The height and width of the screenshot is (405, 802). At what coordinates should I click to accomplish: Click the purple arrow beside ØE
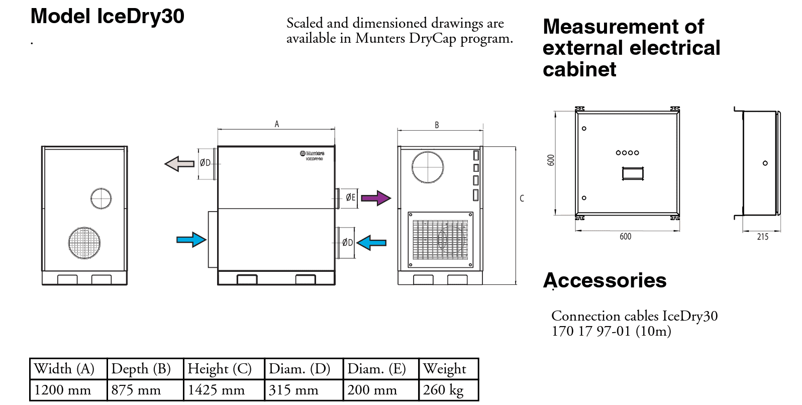pos(375,198)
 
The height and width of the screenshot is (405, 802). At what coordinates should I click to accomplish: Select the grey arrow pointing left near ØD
pos(179,164)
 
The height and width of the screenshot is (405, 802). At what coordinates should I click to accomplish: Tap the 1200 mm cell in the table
pos(63,390)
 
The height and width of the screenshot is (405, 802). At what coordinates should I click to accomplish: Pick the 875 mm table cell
pos(136,390)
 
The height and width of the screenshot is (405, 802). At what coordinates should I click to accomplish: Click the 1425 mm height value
pos(216,390)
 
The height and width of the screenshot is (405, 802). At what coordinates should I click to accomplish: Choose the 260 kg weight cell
pos(443,390)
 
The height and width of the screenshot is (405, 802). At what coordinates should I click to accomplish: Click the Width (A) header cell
pos(64,369)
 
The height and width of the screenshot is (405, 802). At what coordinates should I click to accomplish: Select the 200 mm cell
pos(372,390)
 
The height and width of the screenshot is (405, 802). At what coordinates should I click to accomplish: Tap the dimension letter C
pos(522,198)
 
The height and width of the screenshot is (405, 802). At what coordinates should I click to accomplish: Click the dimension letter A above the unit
pos(276,124)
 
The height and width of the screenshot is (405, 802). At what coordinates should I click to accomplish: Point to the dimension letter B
pos(437,125)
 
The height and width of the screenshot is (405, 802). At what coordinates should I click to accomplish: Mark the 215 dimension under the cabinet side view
pos(762,237)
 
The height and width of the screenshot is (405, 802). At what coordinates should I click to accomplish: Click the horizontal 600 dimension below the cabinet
pos(625,237)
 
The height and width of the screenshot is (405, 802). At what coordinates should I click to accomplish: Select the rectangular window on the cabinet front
pos(633,174)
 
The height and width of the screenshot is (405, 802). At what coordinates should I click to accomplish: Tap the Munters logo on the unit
pos(312,153)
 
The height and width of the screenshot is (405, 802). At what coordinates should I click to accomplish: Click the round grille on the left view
pos(84,243)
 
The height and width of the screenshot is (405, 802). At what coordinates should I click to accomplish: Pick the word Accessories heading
pos(605,280)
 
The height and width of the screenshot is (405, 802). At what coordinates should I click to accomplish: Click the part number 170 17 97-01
pos(591,331)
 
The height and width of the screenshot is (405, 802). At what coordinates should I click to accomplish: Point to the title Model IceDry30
pos(108,16)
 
